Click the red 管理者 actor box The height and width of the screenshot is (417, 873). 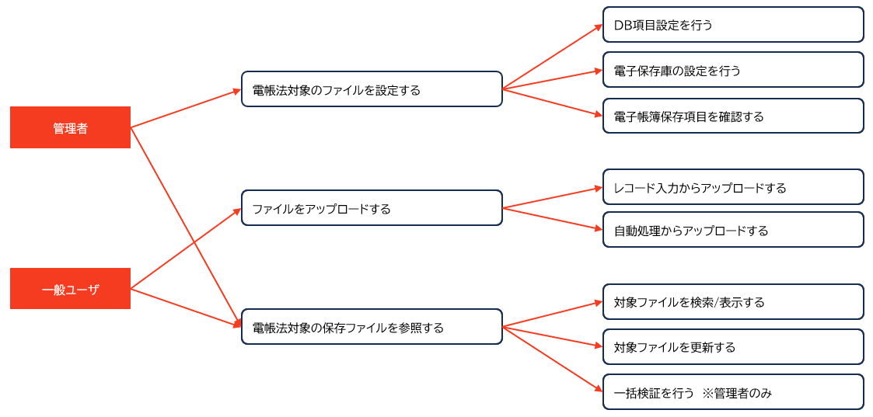click(70, 127)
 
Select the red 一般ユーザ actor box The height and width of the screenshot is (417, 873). click(70, 289)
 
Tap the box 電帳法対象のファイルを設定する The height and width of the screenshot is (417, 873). click(372, 89)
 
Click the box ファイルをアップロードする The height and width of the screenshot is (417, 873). click(372, 208)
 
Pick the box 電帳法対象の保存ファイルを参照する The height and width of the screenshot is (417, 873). click(372, 327)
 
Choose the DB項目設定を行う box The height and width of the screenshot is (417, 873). click(732, 25)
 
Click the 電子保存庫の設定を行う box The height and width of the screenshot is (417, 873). click(732, 70)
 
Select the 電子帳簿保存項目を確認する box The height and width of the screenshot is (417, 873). click(732, 116)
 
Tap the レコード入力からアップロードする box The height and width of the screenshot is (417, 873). click(732, 187)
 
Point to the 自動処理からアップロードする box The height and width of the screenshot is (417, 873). click(732, 230)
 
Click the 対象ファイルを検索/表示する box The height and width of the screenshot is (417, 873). click(732, 301)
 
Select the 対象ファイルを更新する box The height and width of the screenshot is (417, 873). click(732, 346)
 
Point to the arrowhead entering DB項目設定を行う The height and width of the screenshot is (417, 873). click(598, 27)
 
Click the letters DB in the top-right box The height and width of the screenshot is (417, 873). click(622, 25)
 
